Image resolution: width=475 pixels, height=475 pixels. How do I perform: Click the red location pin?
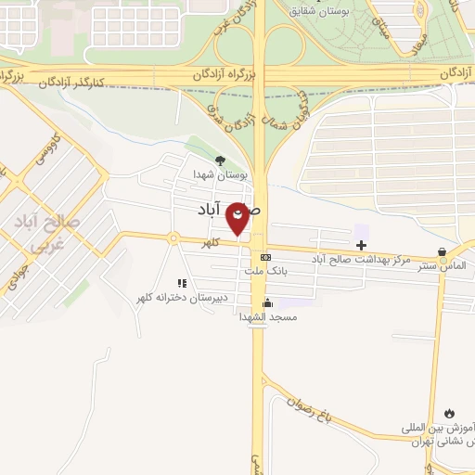click(x=238, y=219)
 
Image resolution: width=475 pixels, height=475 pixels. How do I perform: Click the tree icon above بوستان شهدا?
click(x=219, y=160)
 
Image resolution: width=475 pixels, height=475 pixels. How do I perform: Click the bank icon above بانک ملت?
click(x=266, y=257)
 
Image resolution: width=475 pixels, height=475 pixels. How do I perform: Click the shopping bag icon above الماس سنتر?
click(x=442, y=251)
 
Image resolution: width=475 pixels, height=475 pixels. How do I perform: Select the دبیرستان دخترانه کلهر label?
click(x=182, y=297)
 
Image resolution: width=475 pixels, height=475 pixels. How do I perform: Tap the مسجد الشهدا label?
click(x=267, y=316)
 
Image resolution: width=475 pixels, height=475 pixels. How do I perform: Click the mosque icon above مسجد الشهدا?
click(x=267, y=302)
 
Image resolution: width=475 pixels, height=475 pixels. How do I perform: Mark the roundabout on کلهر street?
click(x=173, y=238)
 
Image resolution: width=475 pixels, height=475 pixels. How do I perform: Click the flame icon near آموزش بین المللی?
click(x=449, y=413)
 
